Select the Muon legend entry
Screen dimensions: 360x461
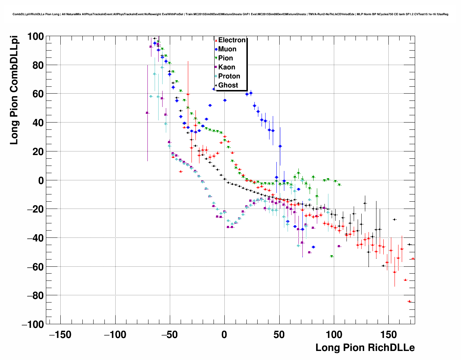pos(227,49)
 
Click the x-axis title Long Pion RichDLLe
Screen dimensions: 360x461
pos(365,348)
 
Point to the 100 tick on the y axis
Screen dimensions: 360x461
pos(35,37)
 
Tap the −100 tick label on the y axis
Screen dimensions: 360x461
pos(33,324)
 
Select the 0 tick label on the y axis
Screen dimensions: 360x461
pos(40,180)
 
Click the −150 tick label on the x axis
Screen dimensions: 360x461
pos(60,335)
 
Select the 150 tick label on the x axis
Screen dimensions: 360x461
pos(388,335)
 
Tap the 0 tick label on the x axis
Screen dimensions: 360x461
pos(224,335)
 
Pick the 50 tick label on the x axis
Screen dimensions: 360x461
pos(279,335)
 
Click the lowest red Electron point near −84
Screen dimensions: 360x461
pos(409,301)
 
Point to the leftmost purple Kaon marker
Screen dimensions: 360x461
pos(147,113)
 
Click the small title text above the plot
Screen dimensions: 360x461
pos(230,14)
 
